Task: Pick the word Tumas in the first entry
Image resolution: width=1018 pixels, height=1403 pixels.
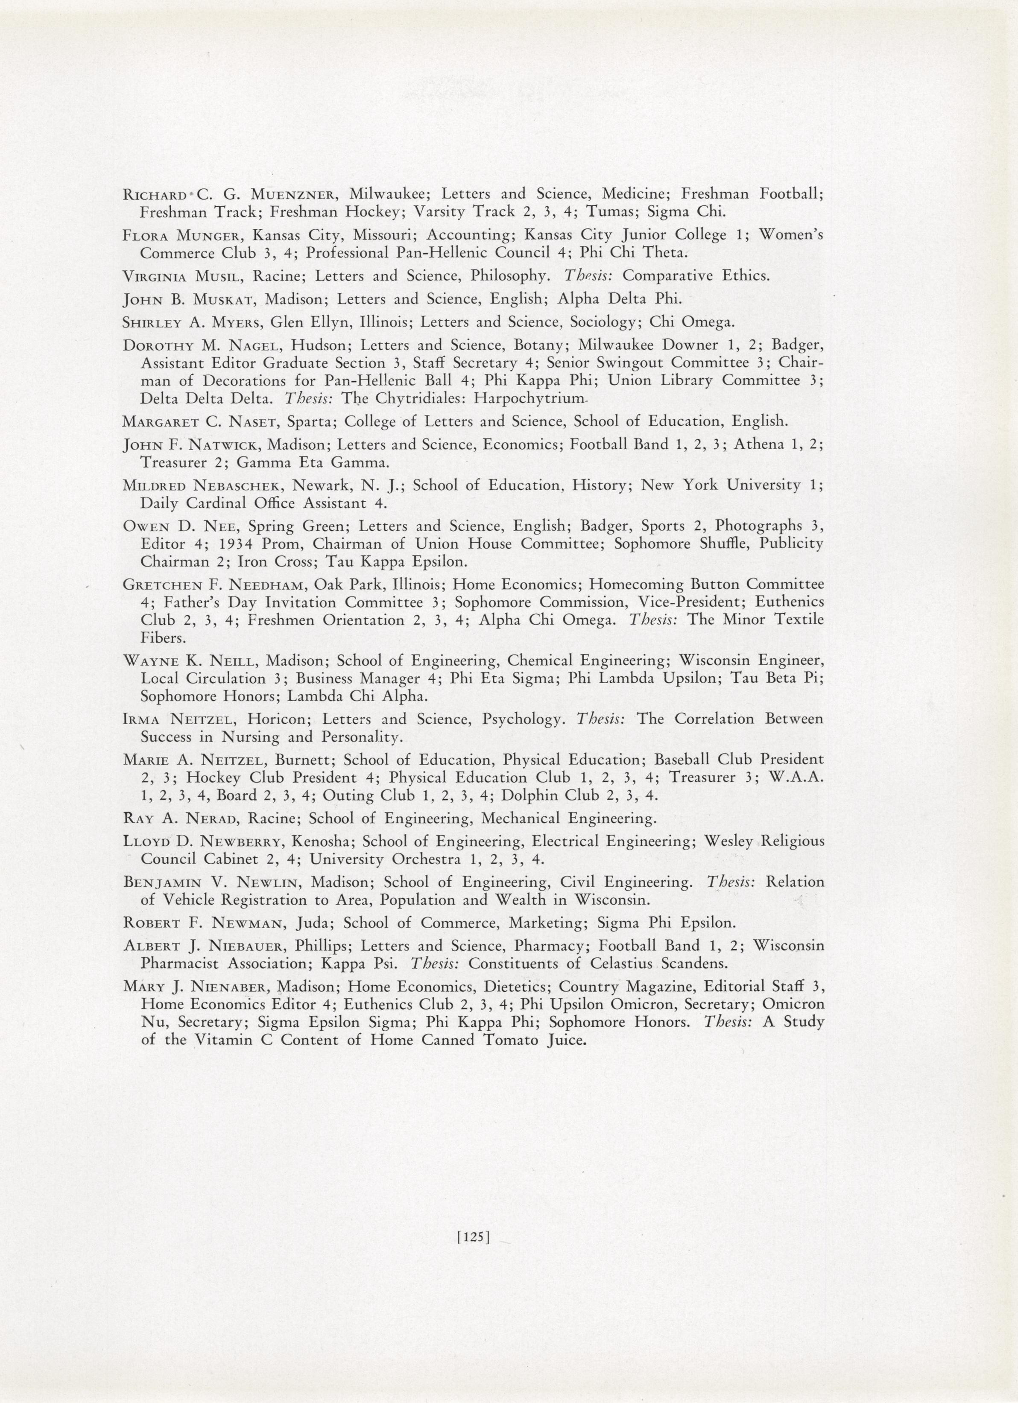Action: tap(610, 212)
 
